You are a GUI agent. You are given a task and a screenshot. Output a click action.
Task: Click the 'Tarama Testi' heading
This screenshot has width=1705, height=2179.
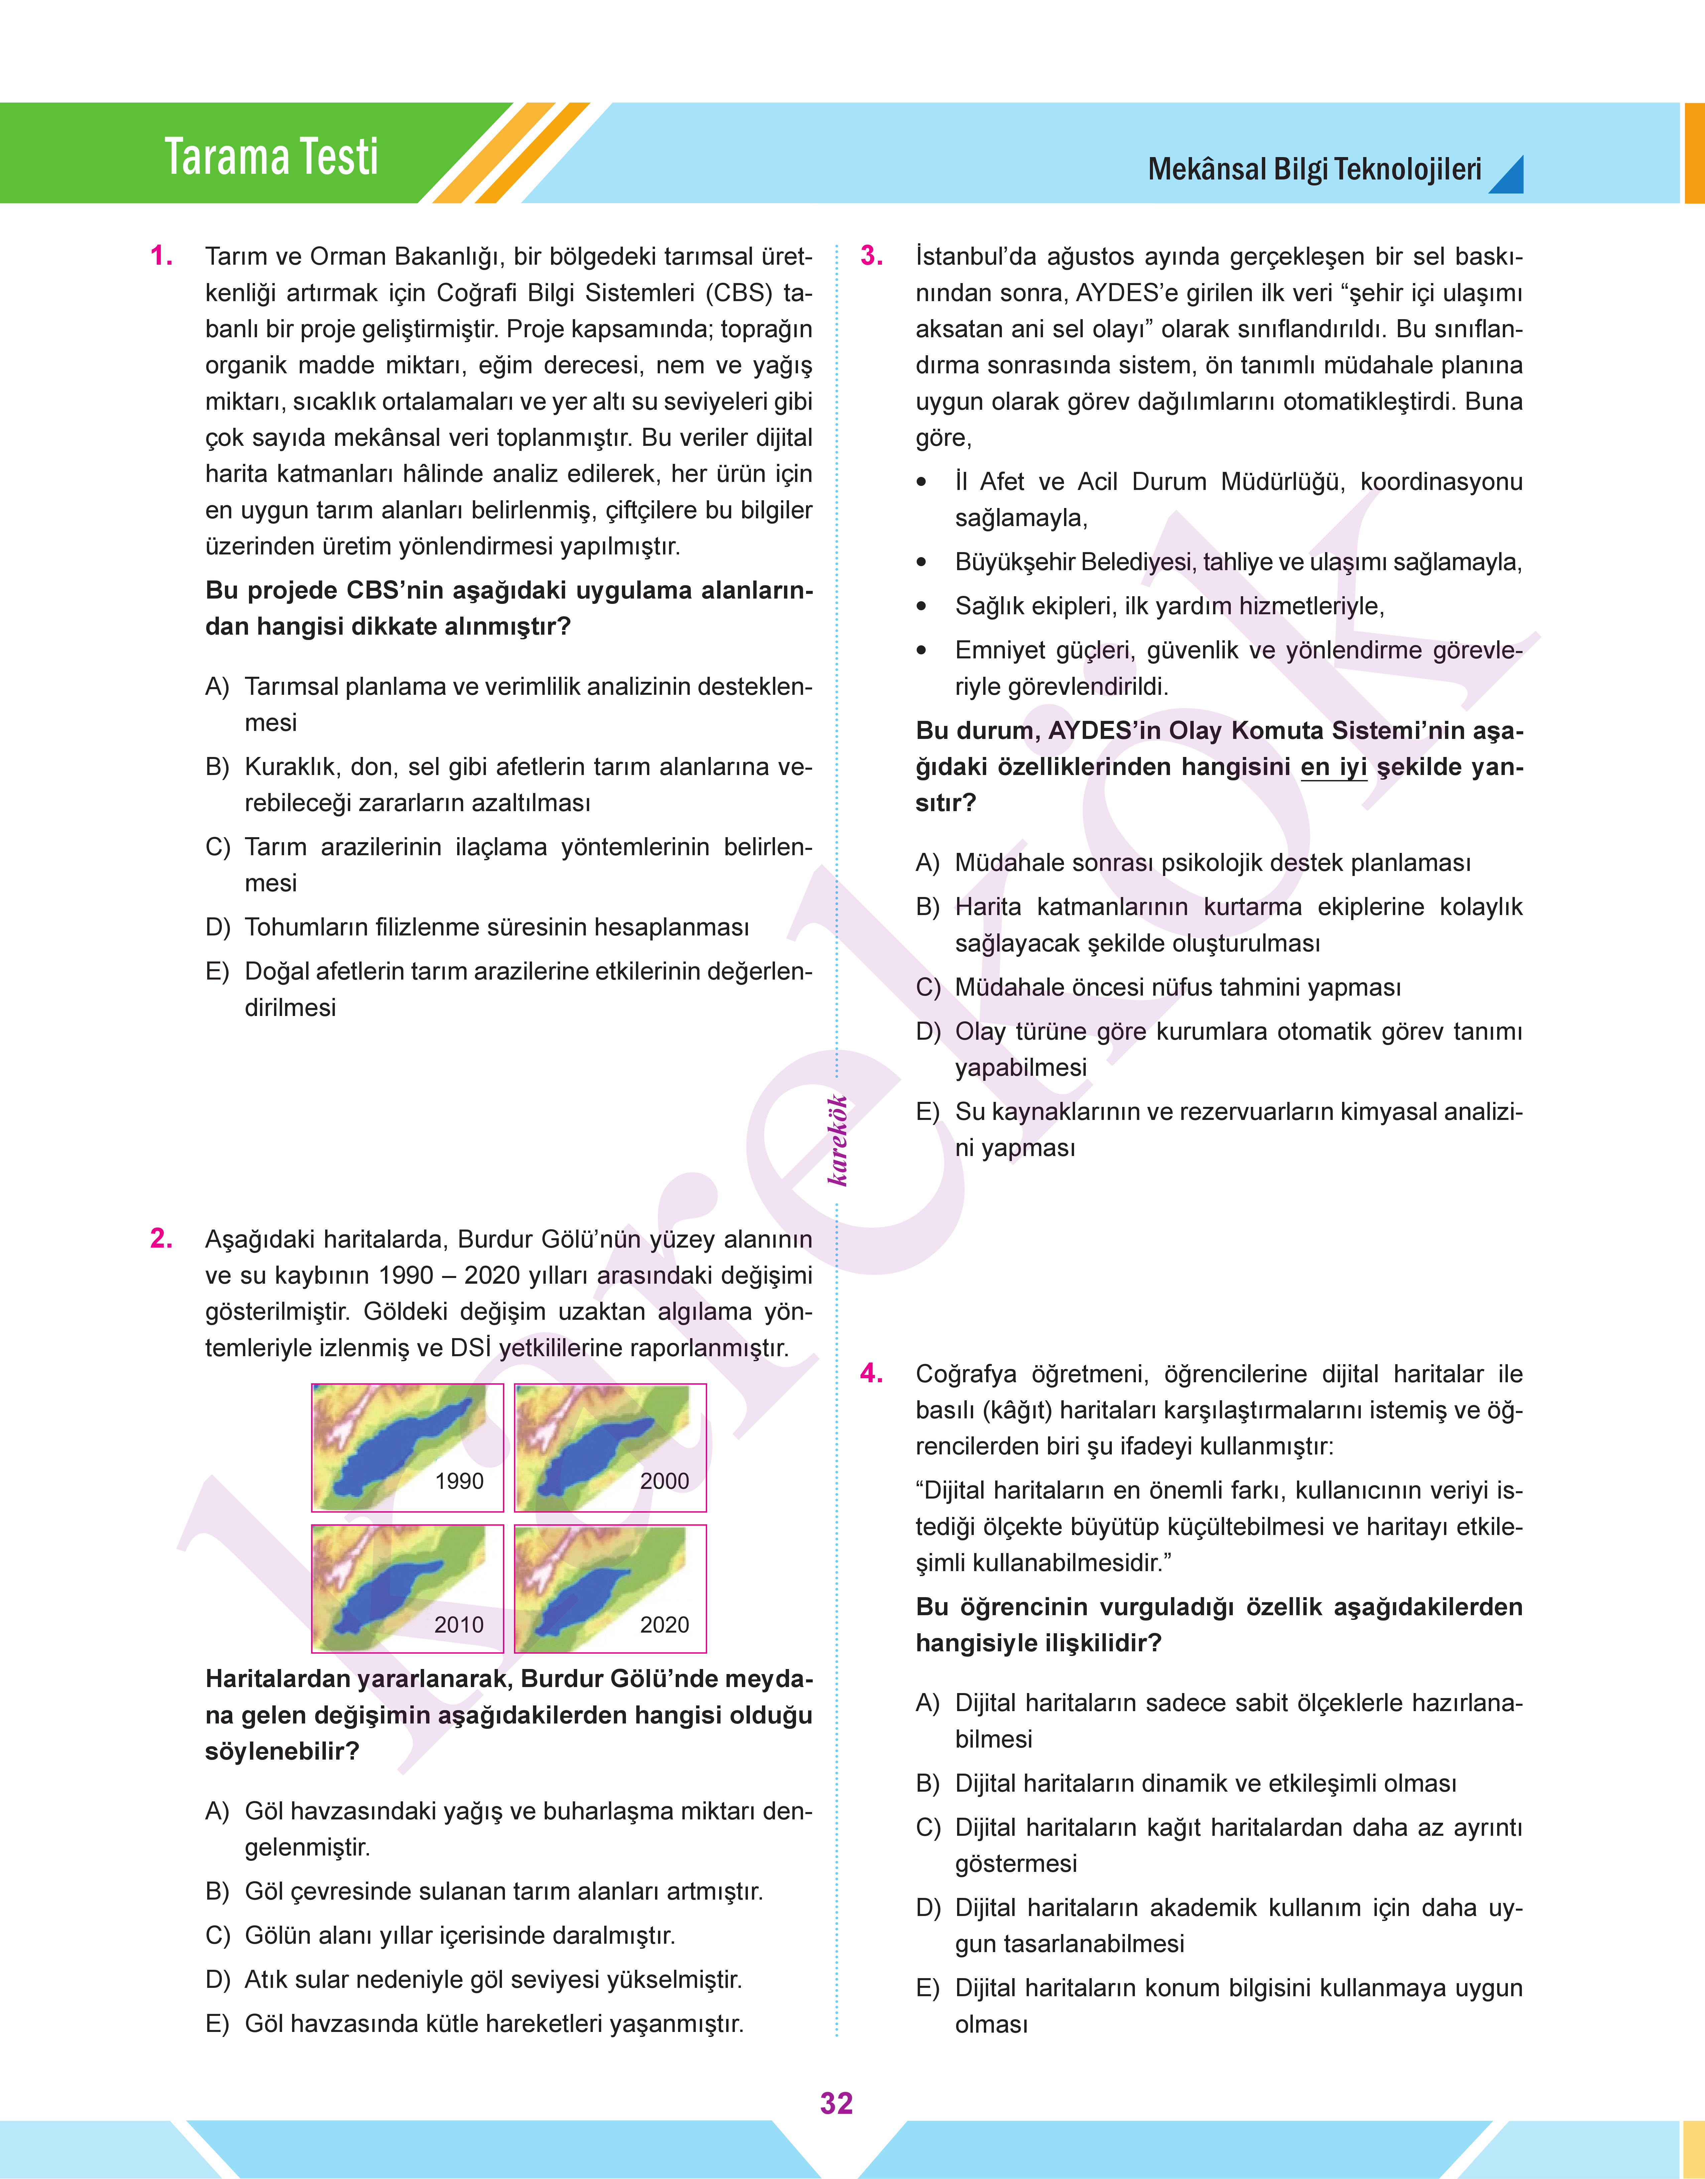pyautogui.click(x=271, y=157)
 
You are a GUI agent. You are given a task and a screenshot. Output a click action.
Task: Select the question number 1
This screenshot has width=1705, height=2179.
pyautogui.click(x=161, y=257)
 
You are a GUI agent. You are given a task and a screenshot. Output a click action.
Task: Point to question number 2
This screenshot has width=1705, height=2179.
pyautogui.click(x=161, y=1239)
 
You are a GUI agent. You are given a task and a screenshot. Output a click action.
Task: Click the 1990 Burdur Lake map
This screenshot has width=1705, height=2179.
pyautogui.click(x=407, y=1447)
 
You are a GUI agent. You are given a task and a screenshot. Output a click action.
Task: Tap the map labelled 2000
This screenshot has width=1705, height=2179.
pyautogui.click(x=610, y=1447)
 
